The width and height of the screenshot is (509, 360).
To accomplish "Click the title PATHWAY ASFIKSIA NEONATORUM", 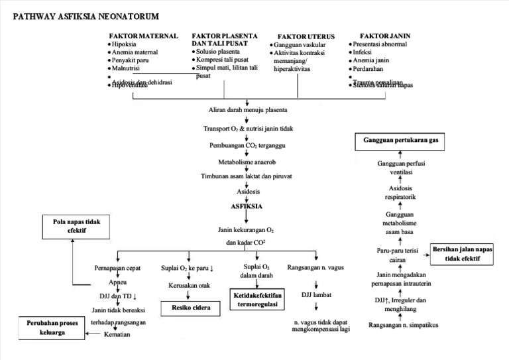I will point(86,15).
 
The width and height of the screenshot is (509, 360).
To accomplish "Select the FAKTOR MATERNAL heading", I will point(143,36).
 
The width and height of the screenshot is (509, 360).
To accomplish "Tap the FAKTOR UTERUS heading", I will point(306,36).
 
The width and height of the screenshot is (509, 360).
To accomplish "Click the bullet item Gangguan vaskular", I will point(302,44).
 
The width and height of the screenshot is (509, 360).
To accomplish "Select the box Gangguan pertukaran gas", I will point(400,141).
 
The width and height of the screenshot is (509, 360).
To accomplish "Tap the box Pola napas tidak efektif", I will point(77,225).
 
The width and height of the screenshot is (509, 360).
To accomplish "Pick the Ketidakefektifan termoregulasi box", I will point(255,298).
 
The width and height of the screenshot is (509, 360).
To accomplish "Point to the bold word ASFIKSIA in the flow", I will point(247,207).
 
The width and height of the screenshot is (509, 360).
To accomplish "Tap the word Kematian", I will point(117,334).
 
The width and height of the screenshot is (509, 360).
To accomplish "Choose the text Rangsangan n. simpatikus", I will point(403,325).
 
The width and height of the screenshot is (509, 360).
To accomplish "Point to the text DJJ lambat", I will point(316,294).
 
